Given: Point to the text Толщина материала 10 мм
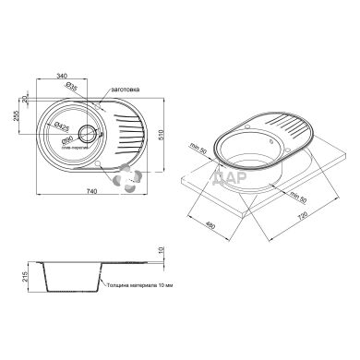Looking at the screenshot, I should tap(138, 286).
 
